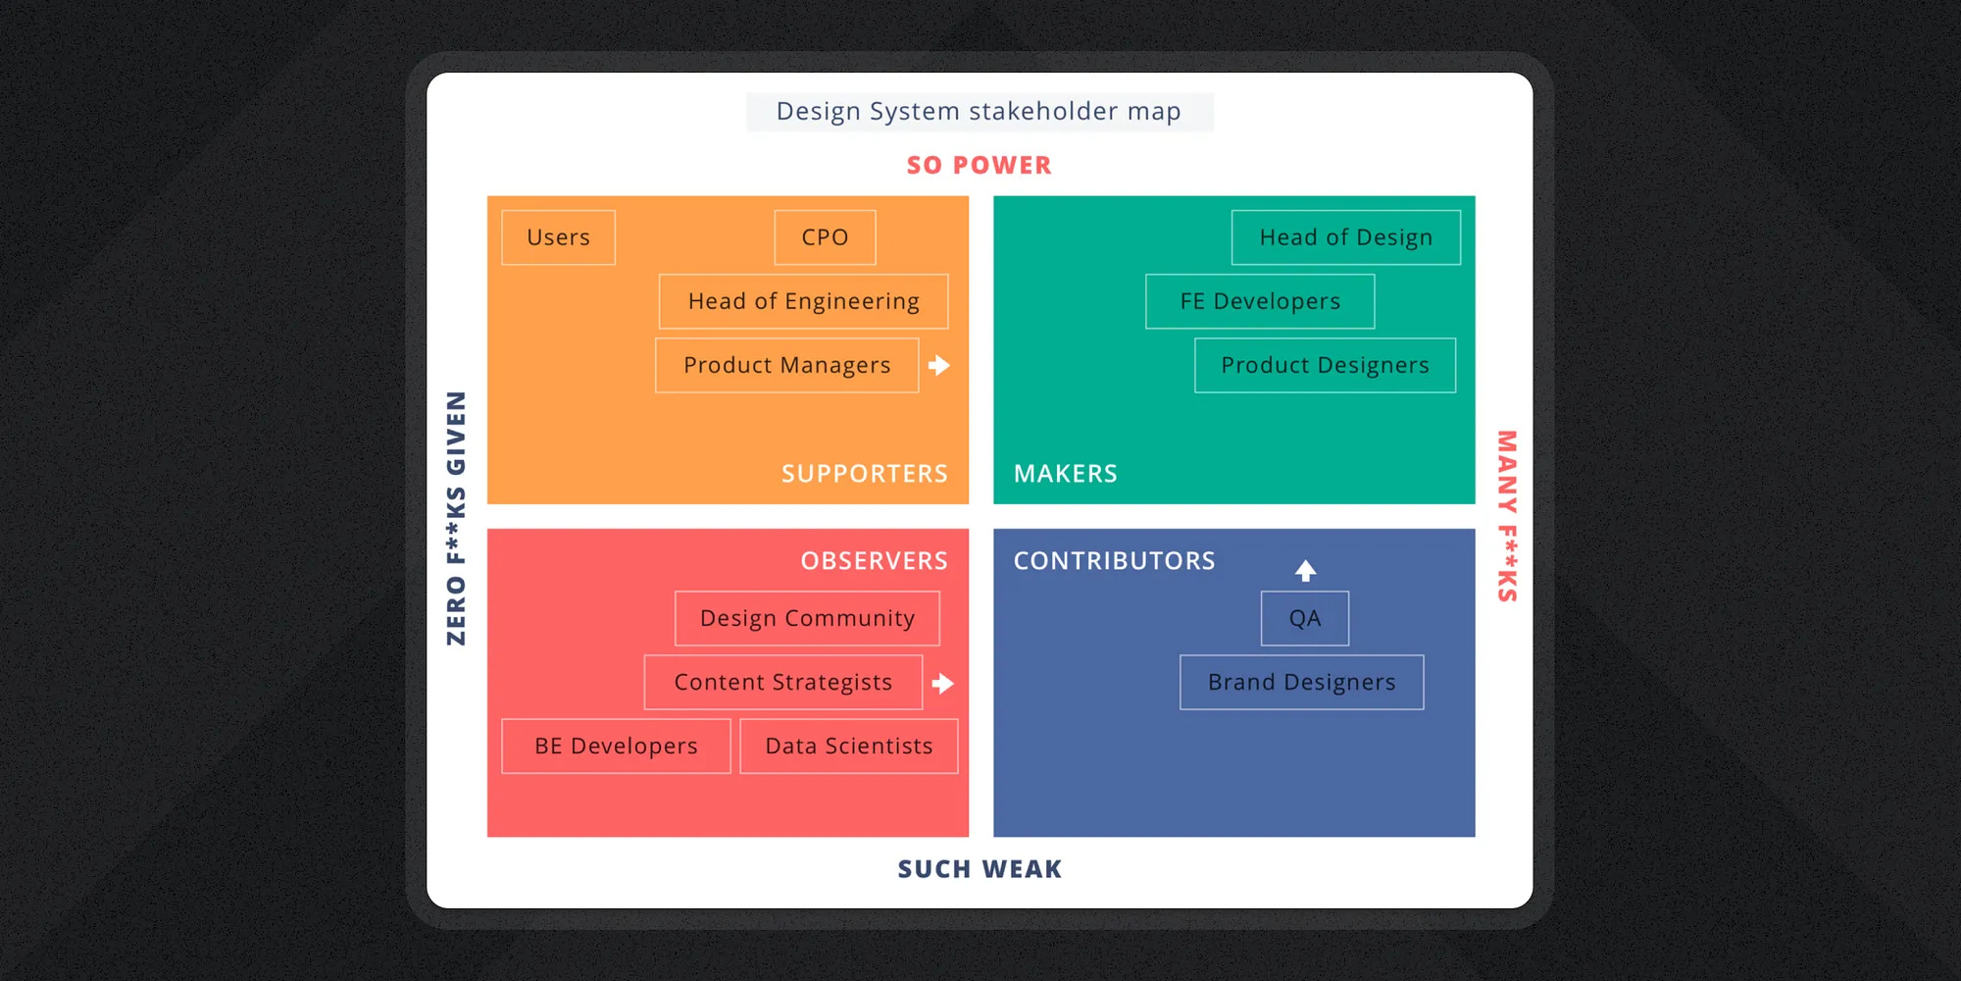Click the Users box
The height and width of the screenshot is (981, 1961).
558,237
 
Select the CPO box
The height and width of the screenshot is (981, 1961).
825,237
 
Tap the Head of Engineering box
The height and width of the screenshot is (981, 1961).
803,301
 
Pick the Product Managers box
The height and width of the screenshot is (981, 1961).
786,365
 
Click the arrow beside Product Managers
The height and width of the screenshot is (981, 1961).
939,365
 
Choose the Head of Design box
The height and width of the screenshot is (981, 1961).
1345,237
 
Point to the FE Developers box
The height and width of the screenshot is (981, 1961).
1260,301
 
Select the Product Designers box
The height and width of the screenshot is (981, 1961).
1325,365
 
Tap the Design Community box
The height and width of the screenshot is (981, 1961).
807,618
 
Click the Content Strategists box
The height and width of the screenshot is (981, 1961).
782,682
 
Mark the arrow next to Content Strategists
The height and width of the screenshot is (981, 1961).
943,683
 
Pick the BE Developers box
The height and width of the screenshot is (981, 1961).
616,746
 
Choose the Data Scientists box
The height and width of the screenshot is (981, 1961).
848,746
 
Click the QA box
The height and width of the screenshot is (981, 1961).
1304,618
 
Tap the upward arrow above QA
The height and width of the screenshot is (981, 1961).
1305,570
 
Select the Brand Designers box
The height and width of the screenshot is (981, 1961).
1301,682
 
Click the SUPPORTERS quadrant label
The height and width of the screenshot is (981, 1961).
864,474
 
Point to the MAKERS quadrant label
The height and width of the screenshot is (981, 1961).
1065,474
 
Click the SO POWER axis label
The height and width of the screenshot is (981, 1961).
979,165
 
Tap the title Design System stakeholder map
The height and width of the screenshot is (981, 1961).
979,112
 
